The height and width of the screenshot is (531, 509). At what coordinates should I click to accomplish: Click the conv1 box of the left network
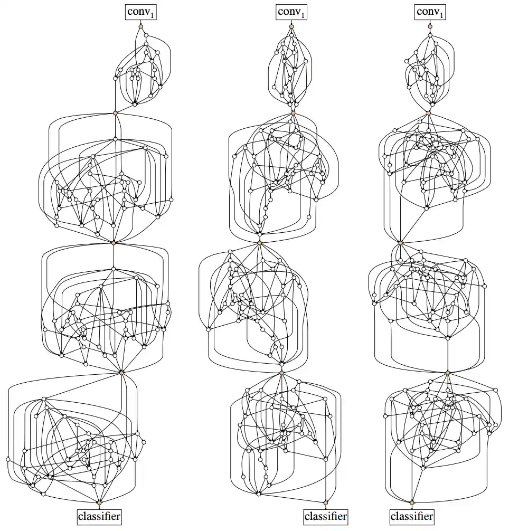pos(140,12)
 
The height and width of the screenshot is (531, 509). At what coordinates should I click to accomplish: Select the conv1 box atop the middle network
pos(291,12)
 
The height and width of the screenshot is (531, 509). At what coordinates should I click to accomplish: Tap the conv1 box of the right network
pos(430,12)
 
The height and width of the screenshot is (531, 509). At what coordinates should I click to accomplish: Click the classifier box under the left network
pos(99,517)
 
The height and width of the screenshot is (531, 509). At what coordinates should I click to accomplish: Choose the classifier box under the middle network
pos(326,517)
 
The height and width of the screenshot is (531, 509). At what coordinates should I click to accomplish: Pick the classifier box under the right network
pos(412,517)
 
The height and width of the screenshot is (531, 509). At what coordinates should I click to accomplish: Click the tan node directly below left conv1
pos(140,26)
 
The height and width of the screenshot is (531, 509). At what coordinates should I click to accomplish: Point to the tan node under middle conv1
pos(291,26)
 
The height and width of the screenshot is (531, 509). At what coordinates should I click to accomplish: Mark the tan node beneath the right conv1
pos(430,26)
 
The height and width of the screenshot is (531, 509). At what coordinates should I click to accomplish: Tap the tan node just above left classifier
pos(99,502)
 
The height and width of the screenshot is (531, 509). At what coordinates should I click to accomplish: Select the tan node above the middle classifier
pos(326,503)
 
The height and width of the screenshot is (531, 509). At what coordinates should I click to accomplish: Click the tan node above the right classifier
pos(412,503)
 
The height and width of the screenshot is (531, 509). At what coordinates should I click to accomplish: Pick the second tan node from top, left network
pos(115,113)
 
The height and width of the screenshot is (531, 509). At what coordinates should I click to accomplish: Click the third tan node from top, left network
pos(114,243)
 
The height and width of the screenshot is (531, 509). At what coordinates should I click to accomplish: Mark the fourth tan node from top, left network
pos(121,373)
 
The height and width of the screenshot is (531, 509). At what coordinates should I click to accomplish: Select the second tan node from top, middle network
pos(293,113)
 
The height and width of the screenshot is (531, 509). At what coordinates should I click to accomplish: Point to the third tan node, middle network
pos(260,243)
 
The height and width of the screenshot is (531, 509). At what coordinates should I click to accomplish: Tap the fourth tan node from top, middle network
pos(282,373)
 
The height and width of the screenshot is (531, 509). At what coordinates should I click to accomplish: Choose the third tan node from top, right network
pos(401,243)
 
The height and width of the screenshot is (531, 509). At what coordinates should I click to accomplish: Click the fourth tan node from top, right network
pos(448,373)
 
